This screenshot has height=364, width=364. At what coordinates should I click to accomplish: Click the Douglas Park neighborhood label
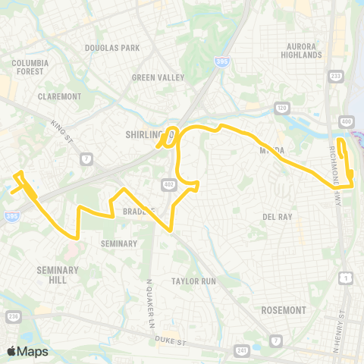tap(112, 48)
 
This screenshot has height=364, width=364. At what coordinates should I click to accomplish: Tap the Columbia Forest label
tap(30, 67)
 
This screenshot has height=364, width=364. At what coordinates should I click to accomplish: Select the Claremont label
tap(59, 96)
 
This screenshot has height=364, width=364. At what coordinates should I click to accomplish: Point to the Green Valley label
tap(154, 77)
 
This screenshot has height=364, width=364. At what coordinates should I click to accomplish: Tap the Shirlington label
tap(146, 134)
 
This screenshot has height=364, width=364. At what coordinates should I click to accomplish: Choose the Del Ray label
tap(278, 217)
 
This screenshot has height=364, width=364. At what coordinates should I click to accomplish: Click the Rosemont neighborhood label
tap(283, 310)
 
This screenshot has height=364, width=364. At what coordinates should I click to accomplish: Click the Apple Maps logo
tap(27, 351)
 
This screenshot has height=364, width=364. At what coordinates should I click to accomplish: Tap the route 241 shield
tap(243, 350)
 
